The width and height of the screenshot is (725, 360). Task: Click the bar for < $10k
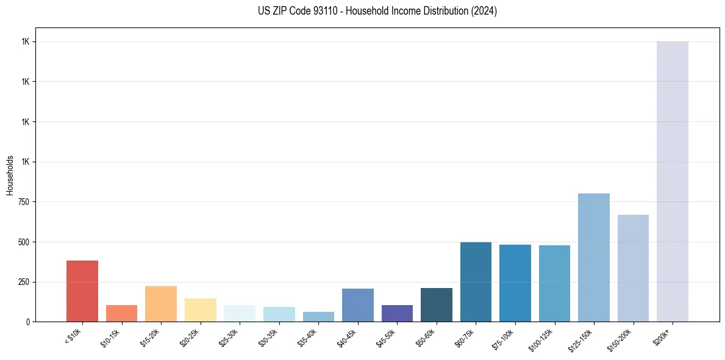coord(82,291)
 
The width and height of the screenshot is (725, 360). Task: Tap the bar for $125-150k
coord(593,257)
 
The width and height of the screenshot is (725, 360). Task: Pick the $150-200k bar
coord(633,268)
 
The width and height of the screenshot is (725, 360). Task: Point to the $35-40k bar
coord(318,317)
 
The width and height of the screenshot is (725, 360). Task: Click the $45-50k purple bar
coord(397,313)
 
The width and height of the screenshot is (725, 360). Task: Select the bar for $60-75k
coord(476,282)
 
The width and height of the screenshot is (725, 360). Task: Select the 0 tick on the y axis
coord(27,322)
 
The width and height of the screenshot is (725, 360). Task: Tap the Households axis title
coord(10,175)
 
